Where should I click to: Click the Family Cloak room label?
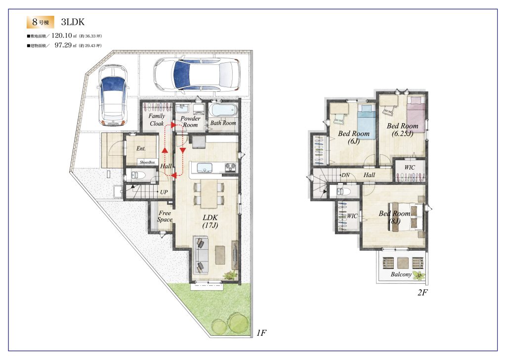tap(157, 120)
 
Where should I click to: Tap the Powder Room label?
tap(190, 122)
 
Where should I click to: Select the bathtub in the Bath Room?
tap(223, 110)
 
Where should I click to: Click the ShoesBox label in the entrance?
tap(147, 162)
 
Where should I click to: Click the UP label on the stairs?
tap(164, 192)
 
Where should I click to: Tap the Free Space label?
tap(165, 216)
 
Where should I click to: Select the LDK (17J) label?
tap(210, 221)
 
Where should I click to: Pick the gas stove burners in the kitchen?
tap(230, 167)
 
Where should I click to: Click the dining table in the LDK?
tap(209, 194)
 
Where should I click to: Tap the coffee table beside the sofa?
tap(220, 255)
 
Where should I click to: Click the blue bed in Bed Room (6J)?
tap(367, 121)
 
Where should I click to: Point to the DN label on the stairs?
tap(345, 175)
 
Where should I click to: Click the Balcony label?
tap(401, 274)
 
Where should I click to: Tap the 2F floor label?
tap(422, 293)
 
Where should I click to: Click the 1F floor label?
tap(261, 333)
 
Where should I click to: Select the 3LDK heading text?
tap(73, 22)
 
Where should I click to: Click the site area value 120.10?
tap(62, 36)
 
